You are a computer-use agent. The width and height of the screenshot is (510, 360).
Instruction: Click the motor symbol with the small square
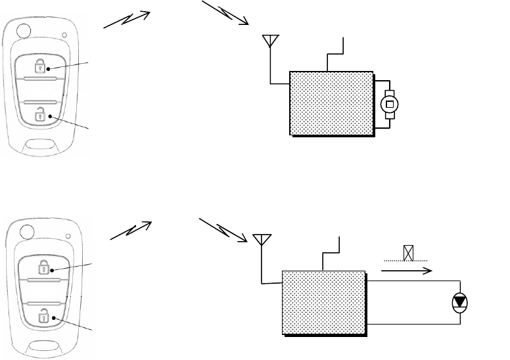click(x=389, y=104)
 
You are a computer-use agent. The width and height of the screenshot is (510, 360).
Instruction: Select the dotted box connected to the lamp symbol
click(x=323, y=302)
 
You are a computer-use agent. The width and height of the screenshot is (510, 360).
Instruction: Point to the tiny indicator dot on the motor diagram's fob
click(x=64, y=35)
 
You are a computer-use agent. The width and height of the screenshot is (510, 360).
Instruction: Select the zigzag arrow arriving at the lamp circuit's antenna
click(x=223, y=225)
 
